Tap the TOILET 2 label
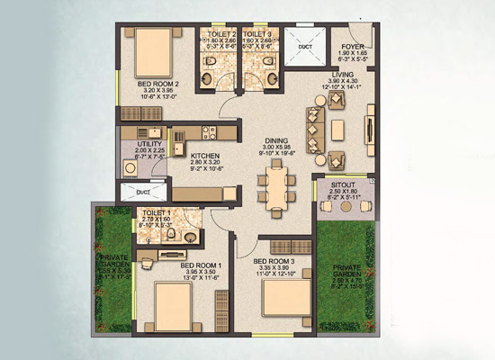coord(217,33)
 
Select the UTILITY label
coord(150,143)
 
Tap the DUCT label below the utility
coord(143,192)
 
